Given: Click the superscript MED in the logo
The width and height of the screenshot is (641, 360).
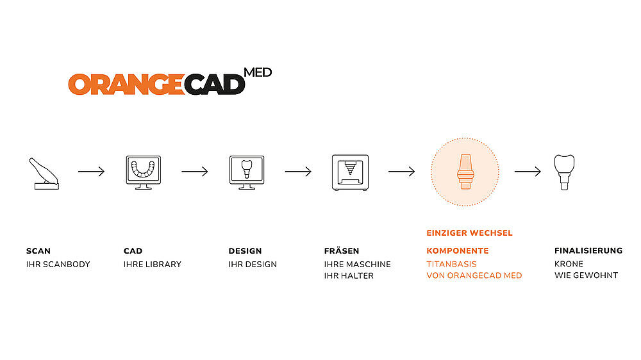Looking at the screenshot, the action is pyautogui.click(x=258, y=72).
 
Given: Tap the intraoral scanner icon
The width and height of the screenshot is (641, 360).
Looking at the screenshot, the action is pyautogui.click(x=44, y=174).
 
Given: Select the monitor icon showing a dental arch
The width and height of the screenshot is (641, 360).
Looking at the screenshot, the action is pyautogui.click(x=144, y=172).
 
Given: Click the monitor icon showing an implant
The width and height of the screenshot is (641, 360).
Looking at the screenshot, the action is pyautogui.click(x=247, y=172).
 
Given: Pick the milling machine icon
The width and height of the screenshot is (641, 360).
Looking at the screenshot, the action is pyautogui.click(x=351, y=172).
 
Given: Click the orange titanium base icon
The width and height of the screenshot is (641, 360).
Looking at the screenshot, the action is pyautogui.click(x=465, y=172).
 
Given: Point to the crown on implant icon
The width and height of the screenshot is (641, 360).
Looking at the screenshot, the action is pyautogui.click(x=564, y=172).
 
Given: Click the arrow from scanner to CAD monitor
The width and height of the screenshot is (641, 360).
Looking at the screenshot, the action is pyautogui.click(x=91, y=171).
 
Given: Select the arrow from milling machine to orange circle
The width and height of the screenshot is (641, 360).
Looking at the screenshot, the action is pyautogui.click(x=401, y=171).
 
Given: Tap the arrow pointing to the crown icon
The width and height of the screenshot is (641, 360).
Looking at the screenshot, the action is pyautogui.click(x=528, y=171).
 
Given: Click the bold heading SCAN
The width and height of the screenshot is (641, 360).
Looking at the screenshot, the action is pyautogui.click(x=38, y=251).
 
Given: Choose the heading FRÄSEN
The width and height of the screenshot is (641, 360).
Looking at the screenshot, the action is pyautogui.click(x=342, y=250).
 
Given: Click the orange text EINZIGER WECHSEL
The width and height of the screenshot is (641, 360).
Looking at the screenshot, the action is pyautogui.click(x=469, y=233).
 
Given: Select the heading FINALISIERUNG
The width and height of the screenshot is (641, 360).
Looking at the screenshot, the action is pyautogui.click(x=588, y=250).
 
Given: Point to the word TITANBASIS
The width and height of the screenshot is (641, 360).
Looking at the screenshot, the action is pyautogui.click(x=452, y=264).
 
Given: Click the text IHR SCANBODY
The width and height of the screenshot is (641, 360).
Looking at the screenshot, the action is pyautogui.click(x=58, y=265).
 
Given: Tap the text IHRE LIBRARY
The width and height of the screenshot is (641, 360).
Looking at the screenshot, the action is pyautogui.click(x=153, y=265).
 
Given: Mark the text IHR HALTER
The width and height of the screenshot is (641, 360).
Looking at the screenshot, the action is pyautogui.click(x=349, y=276).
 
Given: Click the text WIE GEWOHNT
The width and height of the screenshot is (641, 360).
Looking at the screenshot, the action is pyautogui.click(x=587, y=275).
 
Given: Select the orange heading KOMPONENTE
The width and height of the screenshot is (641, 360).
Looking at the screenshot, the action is pyautogui.click(x=458, y=250).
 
